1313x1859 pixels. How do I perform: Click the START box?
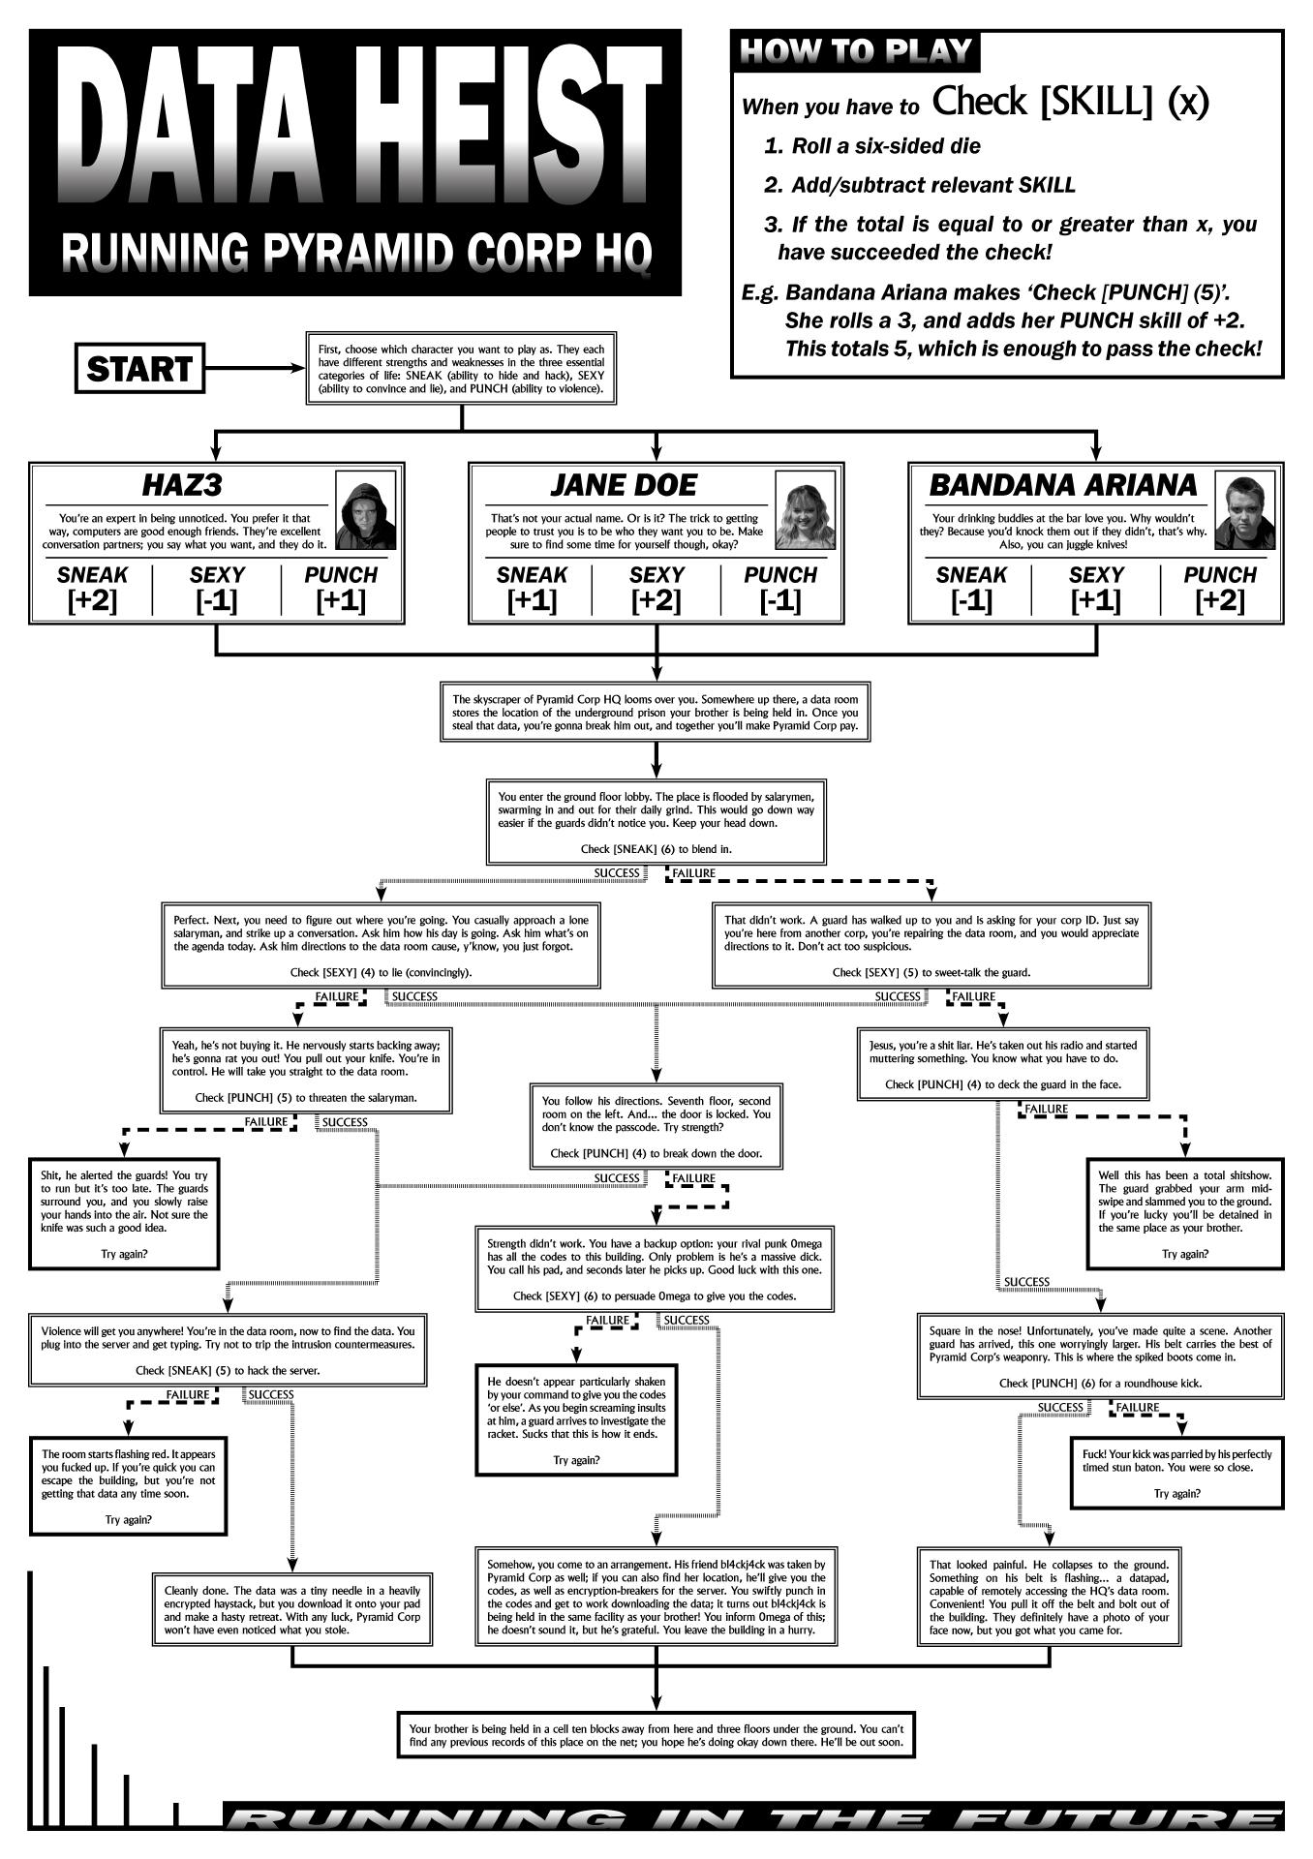pyautogui.click(x=139, y=369)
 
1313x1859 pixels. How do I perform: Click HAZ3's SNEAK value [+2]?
pyautogui.click(x=92, y=600)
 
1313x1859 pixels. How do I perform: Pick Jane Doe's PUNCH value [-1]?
pyautogui.click(x=780, y=600)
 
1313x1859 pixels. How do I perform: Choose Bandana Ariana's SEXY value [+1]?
pyautogui.click(x=1095, y=600)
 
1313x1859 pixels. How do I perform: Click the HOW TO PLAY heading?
pyautogui.click(x=855, y=51)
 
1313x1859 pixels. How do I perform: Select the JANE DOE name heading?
pyautogui.click(x=623, y=484)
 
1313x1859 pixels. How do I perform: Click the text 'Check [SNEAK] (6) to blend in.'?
pyautogui.click(x=656, y=848)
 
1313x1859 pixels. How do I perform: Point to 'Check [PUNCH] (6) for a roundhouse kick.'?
pyautogui.click(x=1100, y=1383)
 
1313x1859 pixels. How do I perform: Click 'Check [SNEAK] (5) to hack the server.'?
pyautogui.click(x=228, y=1370)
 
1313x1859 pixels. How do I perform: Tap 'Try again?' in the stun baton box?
pyautogui.click(x=1176, y=1493)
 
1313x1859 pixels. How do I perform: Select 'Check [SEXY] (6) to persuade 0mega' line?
pyautogui.click(x=655, y=1295)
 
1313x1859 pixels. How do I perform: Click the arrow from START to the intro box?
pyautogui.click(x=254, y=369)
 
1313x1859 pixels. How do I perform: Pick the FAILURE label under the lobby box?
pyautogui.click(x=693, y=873)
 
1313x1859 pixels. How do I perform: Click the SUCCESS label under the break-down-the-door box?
pyautogui.click(x=617, y=1178)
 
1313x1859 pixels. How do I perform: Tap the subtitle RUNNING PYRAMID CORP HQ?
pyautogui.click(x=354, y=253)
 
